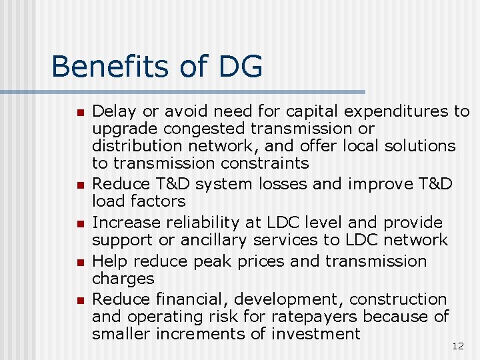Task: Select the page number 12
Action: (457, 346)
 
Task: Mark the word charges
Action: (123, 278)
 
